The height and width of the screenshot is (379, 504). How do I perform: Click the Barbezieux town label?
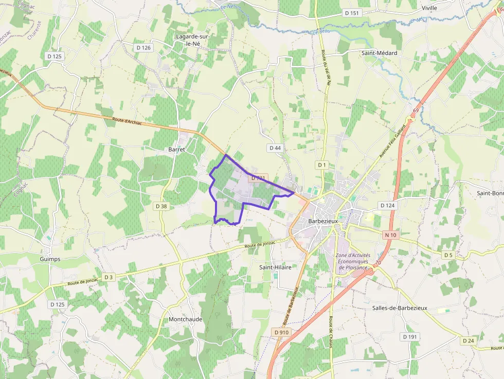[322, 221]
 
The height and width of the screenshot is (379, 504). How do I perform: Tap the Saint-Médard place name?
[379, 53]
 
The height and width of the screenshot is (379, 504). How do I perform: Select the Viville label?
[429, 8]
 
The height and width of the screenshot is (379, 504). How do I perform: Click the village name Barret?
[176, 149]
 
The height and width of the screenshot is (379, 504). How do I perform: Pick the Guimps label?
[50, 259]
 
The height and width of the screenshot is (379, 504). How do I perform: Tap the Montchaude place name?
[186, 319]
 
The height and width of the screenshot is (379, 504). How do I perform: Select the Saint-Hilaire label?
[275, 267]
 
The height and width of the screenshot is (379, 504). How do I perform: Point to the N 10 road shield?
[390, 235]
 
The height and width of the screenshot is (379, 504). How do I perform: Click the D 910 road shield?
[282, 332]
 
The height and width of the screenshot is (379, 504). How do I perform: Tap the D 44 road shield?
[275, 148]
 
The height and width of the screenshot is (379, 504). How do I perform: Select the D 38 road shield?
[161, 206]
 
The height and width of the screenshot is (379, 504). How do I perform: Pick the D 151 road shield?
[352, 13]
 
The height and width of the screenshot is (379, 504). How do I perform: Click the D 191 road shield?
[410, 337]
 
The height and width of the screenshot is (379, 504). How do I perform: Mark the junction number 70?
[378, 263]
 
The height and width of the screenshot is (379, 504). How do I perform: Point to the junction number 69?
[415, 111]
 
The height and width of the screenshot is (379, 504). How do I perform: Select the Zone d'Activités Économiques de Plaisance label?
[352, 261]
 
